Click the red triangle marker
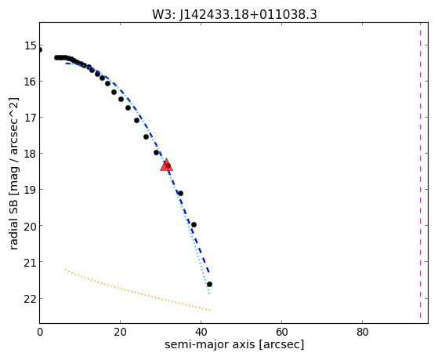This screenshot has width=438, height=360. point(166,165)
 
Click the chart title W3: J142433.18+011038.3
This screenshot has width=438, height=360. point(234,15)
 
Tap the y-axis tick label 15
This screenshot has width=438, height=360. point(31,45)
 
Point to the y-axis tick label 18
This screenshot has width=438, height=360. point(31,154)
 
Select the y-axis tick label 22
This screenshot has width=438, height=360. point(31,299)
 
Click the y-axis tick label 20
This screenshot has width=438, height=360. point(31,226)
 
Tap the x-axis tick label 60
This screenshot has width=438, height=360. point(281,333)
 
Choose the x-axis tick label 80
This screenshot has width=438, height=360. point(362,333)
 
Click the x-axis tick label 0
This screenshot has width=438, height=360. point(40,333)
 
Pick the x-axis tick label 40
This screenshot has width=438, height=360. point(201,333)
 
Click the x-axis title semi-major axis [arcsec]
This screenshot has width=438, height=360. point(234,344)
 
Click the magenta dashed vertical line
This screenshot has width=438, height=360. point(420,170)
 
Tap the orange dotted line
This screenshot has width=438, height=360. point(137,291)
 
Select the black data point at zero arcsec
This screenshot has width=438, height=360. point(40,49)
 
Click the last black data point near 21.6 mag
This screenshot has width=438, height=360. point(209,285)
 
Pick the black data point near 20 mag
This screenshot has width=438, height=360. point(194,224)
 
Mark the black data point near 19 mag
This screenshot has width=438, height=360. point(181,193)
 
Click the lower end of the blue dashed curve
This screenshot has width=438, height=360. point(208,272)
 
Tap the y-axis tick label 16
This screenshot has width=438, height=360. point(31,82)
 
